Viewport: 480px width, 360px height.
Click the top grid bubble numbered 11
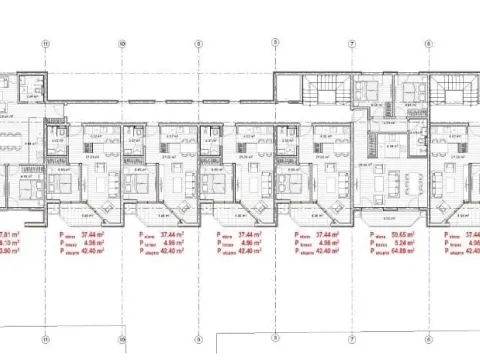coord(45,43)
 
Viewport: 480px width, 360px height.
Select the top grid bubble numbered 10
coord(121,43)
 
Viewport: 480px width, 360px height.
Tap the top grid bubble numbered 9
coord(198,43)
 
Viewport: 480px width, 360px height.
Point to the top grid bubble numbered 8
coord(275,43)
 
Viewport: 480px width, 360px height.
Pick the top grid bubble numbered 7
coord(352,43)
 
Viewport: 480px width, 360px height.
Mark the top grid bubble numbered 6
coord(428,43)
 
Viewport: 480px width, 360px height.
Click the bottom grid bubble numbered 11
coord(45,338)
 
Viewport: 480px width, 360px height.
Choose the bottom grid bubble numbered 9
coord(198,338)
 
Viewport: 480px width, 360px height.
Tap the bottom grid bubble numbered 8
coord(275,338)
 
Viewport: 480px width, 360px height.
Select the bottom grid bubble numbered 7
coord(352,338)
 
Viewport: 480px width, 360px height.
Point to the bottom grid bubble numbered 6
coord(428,338)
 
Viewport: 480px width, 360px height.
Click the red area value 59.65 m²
coord(404,233)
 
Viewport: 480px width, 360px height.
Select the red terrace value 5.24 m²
coord(404,241)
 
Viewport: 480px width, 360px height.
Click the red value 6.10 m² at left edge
coord(10,241)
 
